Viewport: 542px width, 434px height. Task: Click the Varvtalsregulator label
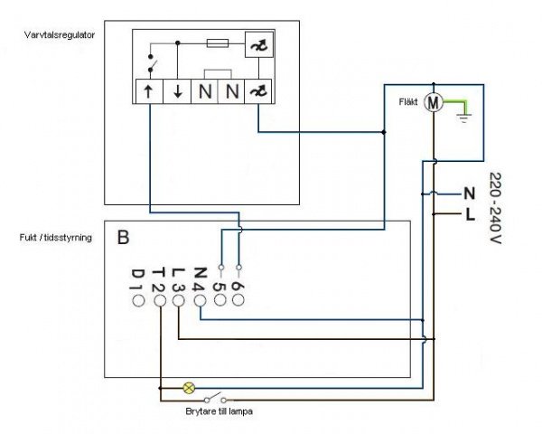coord(60,35)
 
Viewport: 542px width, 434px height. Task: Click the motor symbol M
coord(434,102)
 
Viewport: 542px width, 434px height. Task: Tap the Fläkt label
coord(408,102)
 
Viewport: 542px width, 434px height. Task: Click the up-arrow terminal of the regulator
coord(149,91)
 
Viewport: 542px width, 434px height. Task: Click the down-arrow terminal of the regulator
coord(177,91)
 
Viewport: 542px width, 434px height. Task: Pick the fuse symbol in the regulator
coord(218,43)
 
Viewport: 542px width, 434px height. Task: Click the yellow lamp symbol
coord(189,388)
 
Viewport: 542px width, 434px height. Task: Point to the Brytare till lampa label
coord(220,411)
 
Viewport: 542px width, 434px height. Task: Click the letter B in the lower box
coord(123,238)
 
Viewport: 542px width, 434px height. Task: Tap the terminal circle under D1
coord(138,301)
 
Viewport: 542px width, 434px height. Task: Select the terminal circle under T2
coord(159,301)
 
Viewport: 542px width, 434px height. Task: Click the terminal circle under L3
coord(178,301)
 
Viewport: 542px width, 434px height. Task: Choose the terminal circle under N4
coord(201,301)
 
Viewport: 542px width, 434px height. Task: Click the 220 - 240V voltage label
coord(496,208)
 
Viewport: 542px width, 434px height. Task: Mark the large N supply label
coord(469,193)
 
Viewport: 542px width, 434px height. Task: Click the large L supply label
coord(470,215)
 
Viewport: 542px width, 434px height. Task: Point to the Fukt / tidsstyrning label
coord(56,238)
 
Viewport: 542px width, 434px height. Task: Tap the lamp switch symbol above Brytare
coord(215,398)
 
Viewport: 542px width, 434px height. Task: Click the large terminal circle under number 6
coord(238,299)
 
